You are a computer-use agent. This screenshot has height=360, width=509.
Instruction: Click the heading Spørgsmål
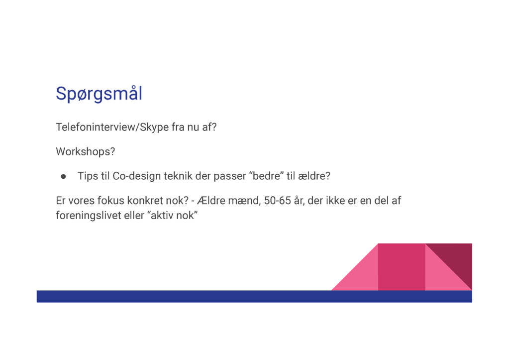[99, 94]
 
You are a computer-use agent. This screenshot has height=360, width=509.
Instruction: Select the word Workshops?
[86, 151]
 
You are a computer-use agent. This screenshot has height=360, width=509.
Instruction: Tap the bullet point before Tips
[63, 176]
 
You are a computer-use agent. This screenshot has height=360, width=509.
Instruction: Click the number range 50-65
[277, 201]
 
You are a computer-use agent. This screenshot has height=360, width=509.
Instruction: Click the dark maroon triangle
[456, 259]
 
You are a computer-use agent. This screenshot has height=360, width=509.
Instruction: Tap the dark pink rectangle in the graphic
[402, 267]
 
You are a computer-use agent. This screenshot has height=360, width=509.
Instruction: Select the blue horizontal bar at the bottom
[254, 296]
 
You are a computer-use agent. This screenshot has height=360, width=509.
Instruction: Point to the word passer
[230, 176]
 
